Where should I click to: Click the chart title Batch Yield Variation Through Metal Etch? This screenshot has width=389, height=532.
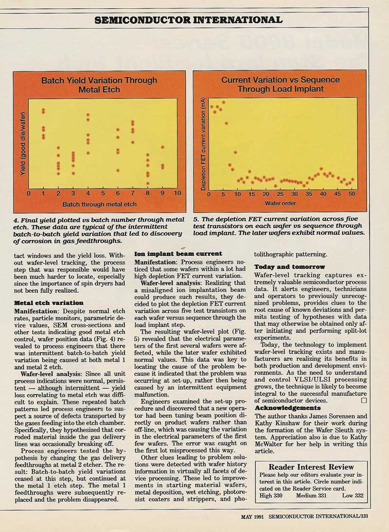(99, 85)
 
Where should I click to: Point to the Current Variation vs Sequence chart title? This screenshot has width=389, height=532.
(280, 84)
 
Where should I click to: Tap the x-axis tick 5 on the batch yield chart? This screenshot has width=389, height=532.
(103, 193)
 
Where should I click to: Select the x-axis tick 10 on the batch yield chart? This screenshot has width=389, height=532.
(177, 193)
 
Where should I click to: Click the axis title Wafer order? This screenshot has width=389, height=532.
(280, 203)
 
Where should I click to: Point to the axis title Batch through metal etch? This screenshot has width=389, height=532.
(99, 204)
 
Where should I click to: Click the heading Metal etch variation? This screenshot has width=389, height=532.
(49, 303)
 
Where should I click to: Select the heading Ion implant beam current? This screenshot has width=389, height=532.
(178, 253)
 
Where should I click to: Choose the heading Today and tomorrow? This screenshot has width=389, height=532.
(289, 266)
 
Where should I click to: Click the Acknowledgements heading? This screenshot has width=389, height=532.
(288, 407)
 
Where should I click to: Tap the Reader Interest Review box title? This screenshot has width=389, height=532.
(311, 466)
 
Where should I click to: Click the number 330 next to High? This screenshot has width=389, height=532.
(278, 495)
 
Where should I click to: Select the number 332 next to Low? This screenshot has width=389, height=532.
(359, 495)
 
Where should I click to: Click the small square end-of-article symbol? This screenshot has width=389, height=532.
(364, 400)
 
